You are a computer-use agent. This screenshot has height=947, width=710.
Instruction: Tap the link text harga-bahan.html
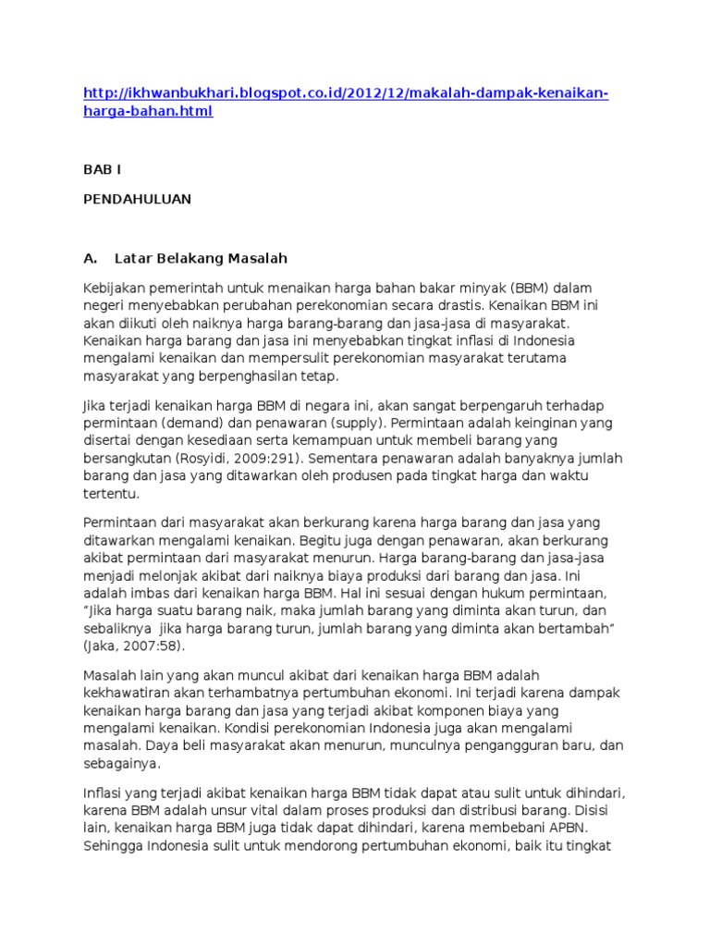[148, 112]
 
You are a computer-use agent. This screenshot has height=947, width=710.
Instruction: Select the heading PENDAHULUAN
[138, 198]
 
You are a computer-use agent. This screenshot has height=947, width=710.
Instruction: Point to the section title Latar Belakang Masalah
[201, 256]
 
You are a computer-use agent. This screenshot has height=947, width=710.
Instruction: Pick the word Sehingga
[115, 846]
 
